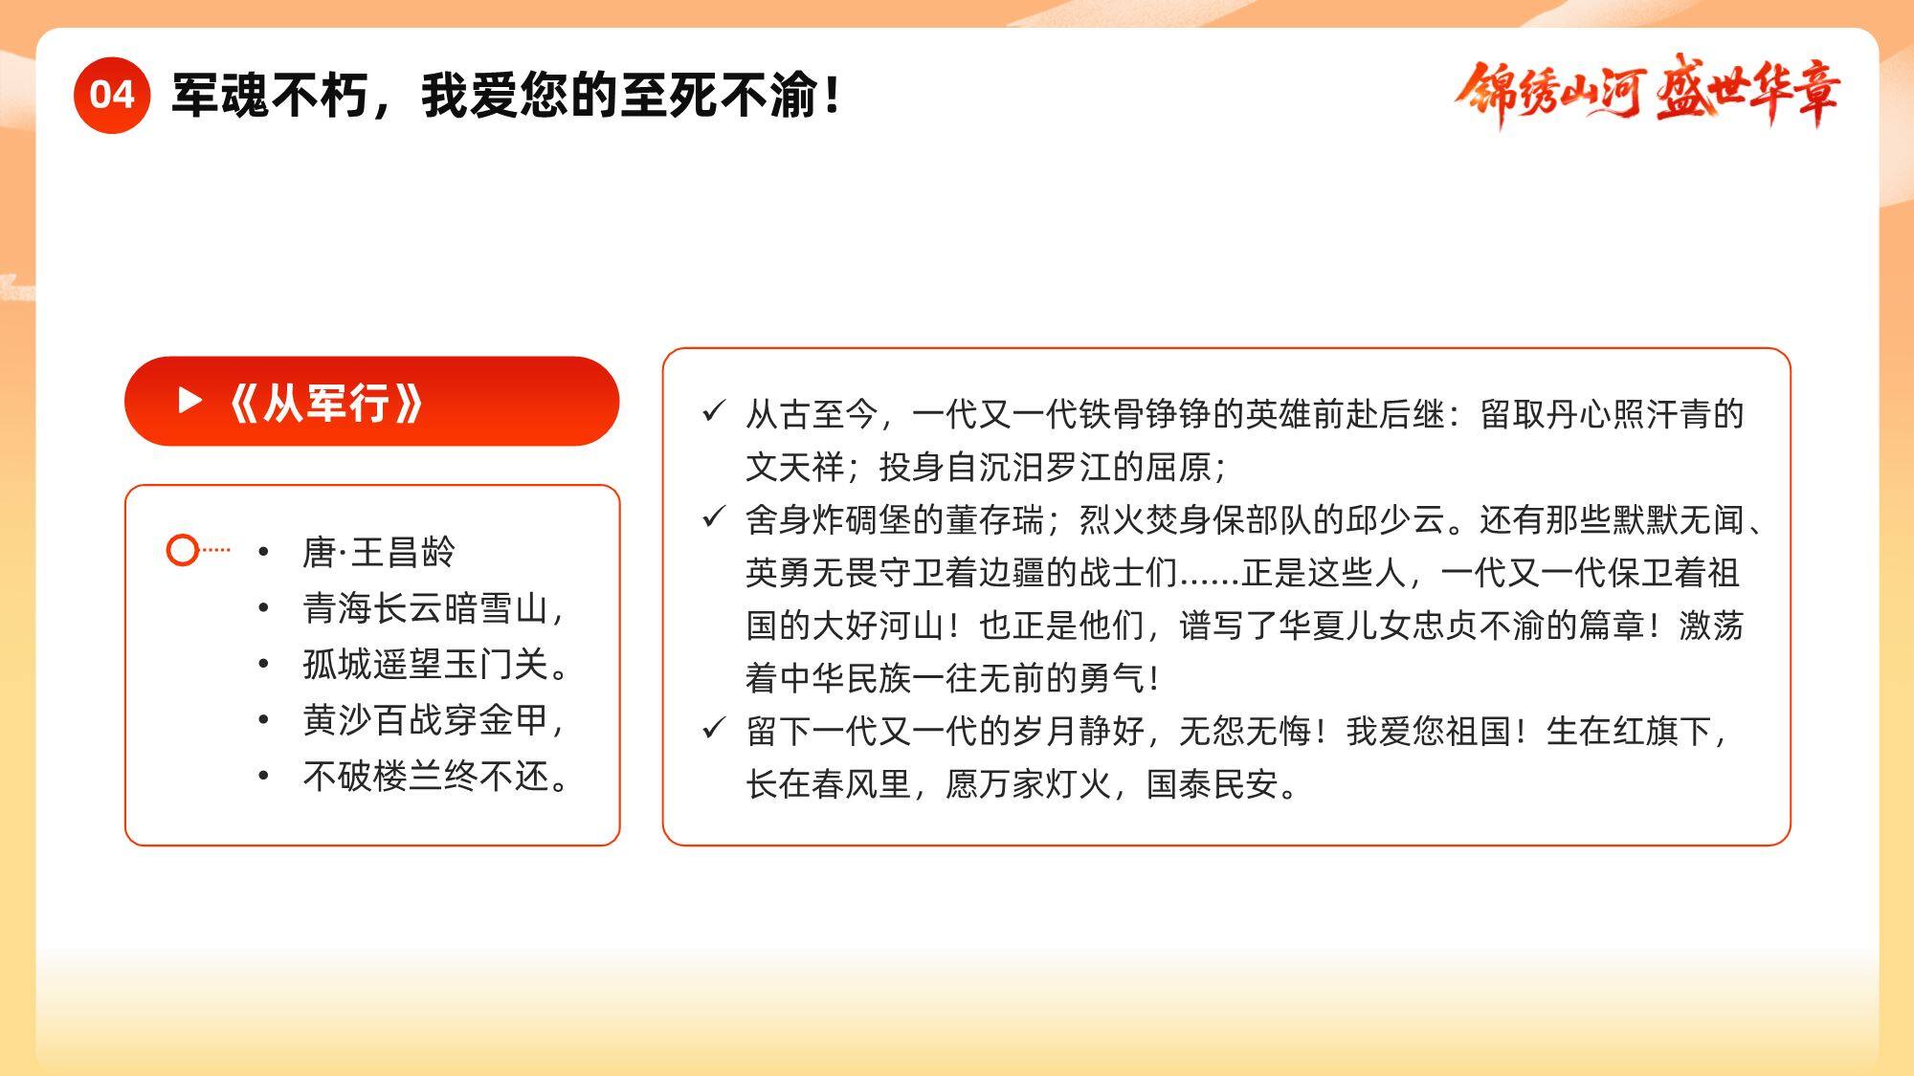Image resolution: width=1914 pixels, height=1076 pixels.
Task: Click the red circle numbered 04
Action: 112,95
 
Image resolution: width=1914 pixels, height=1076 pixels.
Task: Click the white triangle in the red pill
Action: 190,401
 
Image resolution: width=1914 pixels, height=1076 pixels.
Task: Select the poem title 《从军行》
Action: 326,402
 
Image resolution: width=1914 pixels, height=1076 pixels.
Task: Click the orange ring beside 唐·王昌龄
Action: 182,550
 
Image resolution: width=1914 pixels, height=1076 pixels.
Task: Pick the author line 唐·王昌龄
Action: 379,552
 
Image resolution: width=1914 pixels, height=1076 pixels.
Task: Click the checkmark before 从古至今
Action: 714,412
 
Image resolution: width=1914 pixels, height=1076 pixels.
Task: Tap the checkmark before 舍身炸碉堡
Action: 714,517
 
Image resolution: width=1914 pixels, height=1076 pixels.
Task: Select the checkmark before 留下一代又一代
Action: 714,729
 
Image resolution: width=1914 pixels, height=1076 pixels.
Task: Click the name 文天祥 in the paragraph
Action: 795,467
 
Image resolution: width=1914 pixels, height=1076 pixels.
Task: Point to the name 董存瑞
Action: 996,519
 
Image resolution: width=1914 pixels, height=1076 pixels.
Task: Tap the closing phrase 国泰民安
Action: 1213,784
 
